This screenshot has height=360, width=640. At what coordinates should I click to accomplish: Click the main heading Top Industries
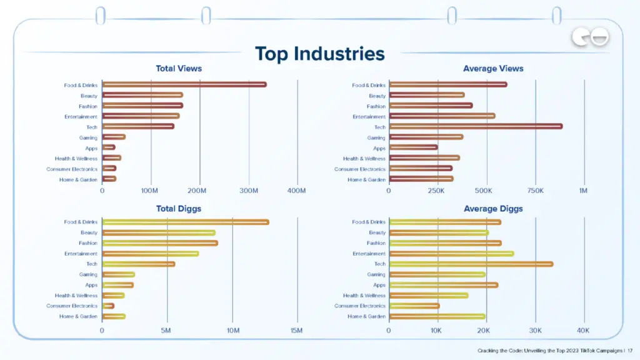pos(319,54)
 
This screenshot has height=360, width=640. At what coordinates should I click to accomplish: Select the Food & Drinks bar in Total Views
pos(184,85)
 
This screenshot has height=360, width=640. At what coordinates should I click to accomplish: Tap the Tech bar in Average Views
pos(476,126)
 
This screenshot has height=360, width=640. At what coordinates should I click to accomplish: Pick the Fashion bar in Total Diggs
pos(160,243)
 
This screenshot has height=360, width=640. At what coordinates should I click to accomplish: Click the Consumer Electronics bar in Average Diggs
pos(414,306)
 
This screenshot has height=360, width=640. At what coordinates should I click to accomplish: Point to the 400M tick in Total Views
pos(297,190)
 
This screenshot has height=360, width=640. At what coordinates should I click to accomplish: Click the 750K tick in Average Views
pos(535,190)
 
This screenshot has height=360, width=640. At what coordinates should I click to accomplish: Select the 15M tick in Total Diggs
pos(297,330)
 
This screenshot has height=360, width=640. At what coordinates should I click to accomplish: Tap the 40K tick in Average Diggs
pos(583,330)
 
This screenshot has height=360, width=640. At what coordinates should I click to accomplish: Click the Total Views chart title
pos(179,69)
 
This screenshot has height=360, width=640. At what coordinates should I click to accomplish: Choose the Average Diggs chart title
pos(493,209)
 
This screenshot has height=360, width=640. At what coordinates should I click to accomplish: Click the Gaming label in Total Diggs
pos(88,274)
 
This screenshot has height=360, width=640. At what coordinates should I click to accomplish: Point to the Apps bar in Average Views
pos(413,147)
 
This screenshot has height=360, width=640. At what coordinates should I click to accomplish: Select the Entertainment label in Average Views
pos(369,117)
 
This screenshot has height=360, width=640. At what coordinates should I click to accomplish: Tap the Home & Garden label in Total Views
pos(79,179)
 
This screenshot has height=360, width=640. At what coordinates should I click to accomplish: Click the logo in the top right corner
pos(590,38)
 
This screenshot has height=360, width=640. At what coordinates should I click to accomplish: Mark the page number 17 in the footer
pos(630,351)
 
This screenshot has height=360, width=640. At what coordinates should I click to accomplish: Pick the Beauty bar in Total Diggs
pos(159,232)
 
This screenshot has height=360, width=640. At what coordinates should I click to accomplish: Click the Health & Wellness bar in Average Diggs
pos(428,296)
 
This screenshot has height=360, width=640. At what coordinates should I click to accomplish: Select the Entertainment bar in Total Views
pos(141,116)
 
